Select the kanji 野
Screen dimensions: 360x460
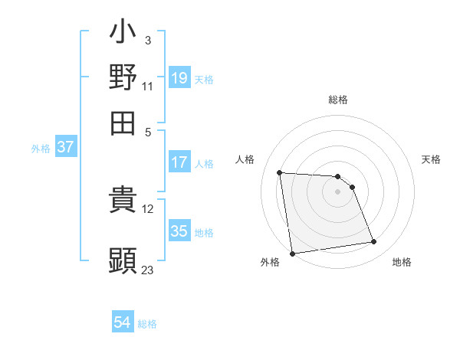(123, 77)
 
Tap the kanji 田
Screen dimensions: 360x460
(123, 123)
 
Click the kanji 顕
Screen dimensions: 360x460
(123, 260)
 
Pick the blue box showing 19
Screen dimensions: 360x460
(179, 78)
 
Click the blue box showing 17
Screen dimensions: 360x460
(179, 162)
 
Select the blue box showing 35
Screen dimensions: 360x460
(179, 231)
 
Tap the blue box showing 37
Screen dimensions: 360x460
(66, 148)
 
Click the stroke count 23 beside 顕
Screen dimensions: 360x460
(148, 270)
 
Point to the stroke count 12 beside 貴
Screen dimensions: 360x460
(148, 209)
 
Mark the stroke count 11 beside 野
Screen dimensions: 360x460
(148, 87)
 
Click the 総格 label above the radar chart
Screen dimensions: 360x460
(338, 100)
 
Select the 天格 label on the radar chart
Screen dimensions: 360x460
(431, 159)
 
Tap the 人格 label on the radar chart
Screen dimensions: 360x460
(245, 159)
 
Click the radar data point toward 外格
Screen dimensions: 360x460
(292, 253)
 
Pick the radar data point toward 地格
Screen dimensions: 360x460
(374, 242)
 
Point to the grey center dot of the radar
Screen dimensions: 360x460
(338, 192)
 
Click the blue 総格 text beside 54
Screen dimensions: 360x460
(147, 324)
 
